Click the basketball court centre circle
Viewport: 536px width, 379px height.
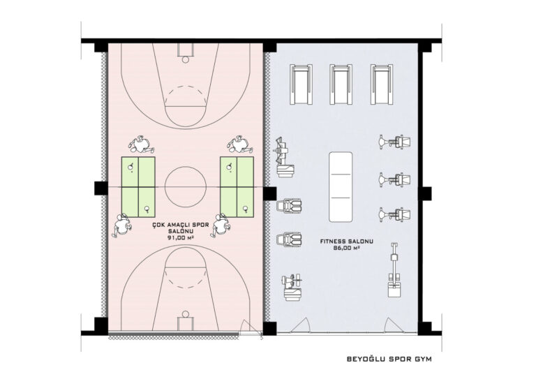tap(165, 186)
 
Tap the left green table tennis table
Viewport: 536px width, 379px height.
tap(138, 187)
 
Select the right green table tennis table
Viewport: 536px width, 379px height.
tap(237, 187)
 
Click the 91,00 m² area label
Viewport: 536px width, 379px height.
tap(181, 238)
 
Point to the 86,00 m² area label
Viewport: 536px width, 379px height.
tap(346, 248)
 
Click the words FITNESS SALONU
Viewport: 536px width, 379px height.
tap(347, 241)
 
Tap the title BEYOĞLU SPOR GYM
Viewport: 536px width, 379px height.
tap(389, 359)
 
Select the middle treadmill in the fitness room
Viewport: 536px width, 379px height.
tap(341, 84)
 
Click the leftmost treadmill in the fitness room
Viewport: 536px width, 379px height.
tap(301, 84)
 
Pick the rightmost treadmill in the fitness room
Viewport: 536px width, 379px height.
tap(382, 84)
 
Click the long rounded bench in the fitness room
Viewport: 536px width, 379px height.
tap(341, 186)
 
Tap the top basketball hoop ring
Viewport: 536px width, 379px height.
tap(185, 60)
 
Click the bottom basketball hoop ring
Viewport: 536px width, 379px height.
tap(185, 313)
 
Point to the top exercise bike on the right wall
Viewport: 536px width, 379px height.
tap(395, 142)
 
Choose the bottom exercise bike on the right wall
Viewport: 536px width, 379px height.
tap(395, 214)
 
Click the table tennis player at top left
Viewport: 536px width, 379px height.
tap(141, 145)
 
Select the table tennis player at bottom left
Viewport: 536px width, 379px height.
tap(121, 225)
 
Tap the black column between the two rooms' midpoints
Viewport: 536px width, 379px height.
tap(269, 193)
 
